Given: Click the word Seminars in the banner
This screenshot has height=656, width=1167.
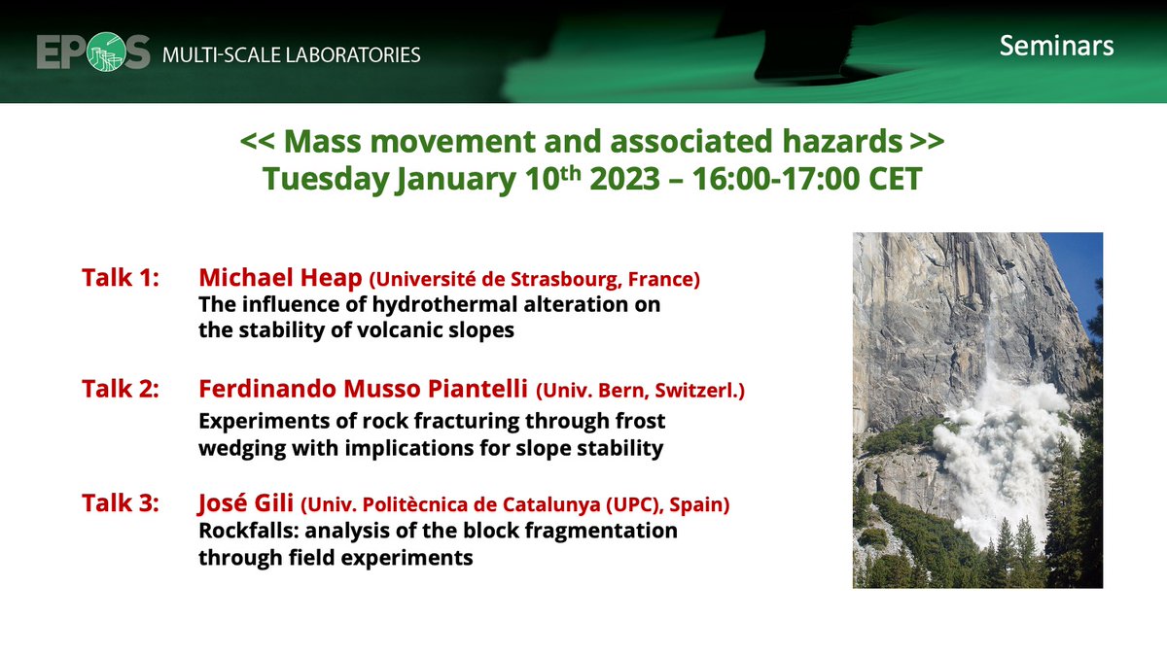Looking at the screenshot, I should click(x=1056, y=46).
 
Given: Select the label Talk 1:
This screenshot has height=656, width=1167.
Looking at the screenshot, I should click(x=121, y=279).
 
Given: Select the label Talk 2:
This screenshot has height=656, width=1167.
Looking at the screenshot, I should click(x=121, y=391).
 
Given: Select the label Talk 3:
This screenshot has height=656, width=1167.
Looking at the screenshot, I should click(x=121, y=504).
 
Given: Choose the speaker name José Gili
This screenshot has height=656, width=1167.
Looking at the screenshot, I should click(x=244, y=504).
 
